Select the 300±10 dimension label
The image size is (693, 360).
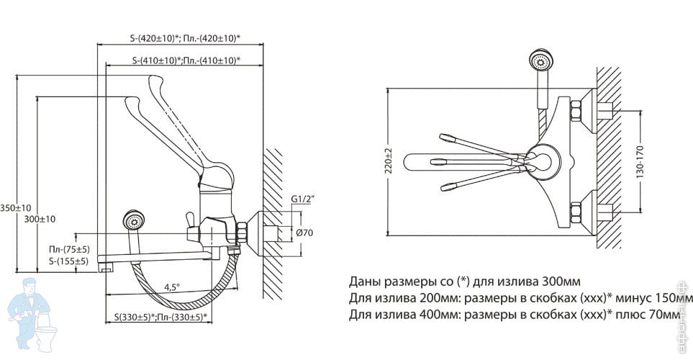coord(40,218)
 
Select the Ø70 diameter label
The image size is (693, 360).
coord(304,232)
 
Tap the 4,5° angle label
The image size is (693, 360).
coord(171,287)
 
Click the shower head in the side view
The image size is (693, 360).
coord(132,220)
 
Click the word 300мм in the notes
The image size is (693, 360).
coord(563,281)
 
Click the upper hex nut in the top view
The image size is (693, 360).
coord(576,111)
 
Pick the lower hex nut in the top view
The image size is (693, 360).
coord(576,213)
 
